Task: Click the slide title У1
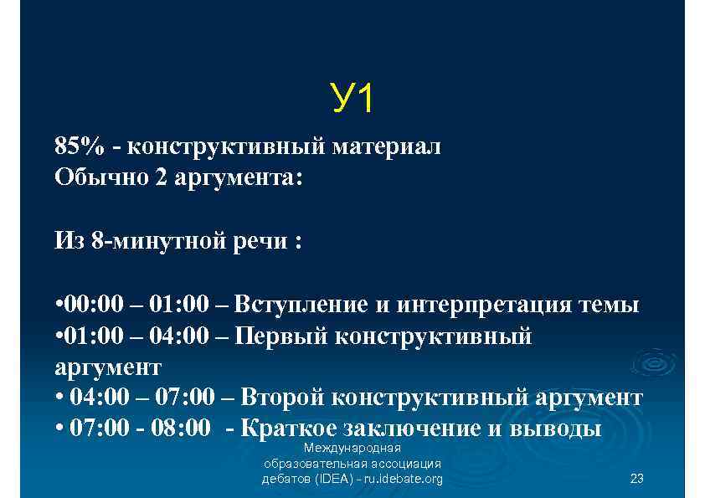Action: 352,100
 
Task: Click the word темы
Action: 610,305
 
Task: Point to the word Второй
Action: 280,398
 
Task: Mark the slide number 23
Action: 636,479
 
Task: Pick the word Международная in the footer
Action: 352,448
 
